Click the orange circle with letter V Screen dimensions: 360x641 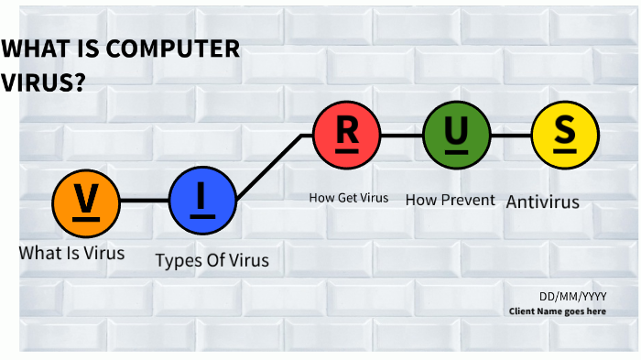coord(86,201)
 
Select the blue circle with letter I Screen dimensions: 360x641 coord(202,201)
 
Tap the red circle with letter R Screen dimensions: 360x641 coord(347,135)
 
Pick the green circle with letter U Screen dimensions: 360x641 coord(456,135)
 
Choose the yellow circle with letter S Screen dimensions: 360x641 coord(565,135)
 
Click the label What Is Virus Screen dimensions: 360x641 coord(71,252)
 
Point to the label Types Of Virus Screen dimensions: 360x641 coord(212,260)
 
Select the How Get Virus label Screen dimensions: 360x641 coord(348,197)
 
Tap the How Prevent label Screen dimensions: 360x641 coord(450,200)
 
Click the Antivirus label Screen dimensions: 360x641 coord(543,201)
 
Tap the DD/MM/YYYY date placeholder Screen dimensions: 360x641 coord(572,296)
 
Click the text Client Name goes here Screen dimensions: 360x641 coord(558,311)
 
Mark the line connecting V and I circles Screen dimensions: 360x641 coord(145,201)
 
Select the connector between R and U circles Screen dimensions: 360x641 coord(402,135)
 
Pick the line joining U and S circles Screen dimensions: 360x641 coord(511,135)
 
